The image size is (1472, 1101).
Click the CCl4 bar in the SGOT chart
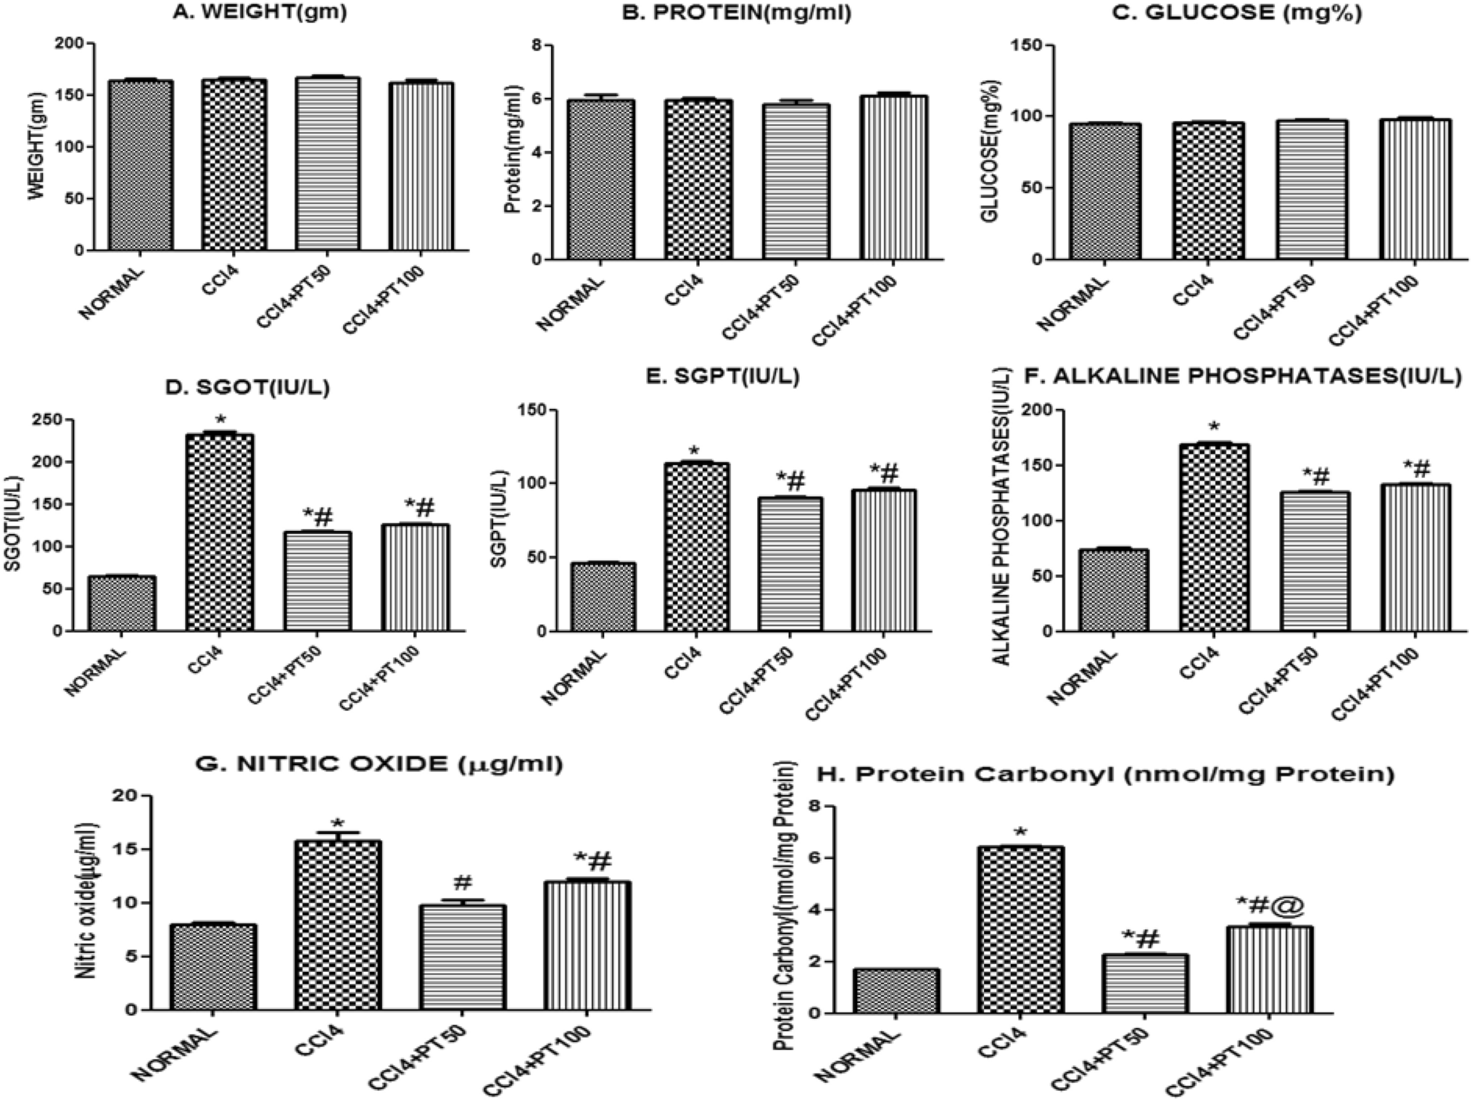220,533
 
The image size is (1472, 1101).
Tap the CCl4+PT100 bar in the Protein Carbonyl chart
1270,969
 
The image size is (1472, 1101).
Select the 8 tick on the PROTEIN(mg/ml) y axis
537,45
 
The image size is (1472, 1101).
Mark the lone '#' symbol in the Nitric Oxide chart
463,883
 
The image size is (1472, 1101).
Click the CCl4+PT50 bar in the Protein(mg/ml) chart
796,181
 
